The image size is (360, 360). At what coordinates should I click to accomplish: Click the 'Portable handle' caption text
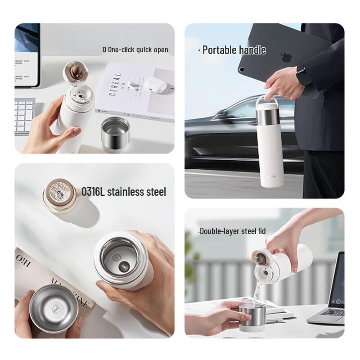(234, 50)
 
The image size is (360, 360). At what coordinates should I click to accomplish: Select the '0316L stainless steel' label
(124, 192)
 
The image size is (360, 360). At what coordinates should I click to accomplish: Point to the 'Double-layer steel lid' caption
(232, 231)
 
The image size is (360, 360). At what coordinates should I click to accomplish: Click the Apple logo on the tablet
(284, 57)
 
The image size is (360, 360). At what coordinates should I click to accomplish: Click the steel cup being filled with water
(251, 317)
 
